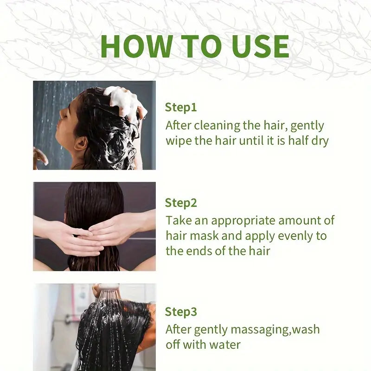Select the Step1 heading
(181, 108)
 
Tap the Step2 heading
(181, 203)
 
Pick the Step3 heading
(181, 312)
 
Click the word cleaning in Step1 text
(217, 126)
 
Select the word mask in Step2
(204, 236)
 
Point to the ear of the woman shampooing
(81, 144)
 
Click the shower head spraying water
(107, 287)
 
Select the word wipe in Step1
(179, 141)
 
